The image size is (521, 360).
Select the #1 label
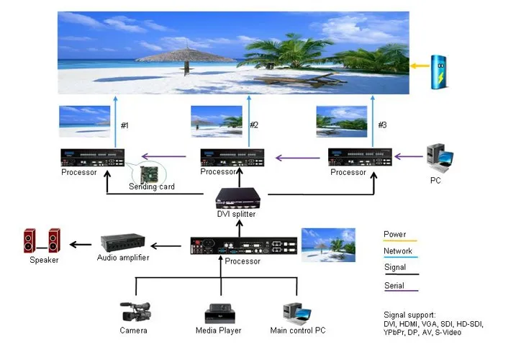pyautogui.click(x=124, y=126)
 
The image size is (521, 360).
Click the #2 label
pyautogui.click(x=253, y=125)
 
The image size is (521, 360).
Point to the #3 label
pyautogui.click(x=382, y=125)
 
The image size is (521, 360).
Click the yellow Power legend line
pyautogui.click(x=399, y=241)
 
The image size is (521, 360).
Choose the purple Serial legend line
pyautogui.click(x=399, y=290)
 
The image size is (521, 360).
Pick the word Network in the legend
pyautogui.click(x=398, y=251)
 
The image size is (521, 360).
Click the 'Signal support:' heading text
pyautogui.click(x=409, y=315)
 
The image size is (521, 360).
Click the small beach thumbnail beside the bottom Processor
pyautogui.click(x=328, y=244)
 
